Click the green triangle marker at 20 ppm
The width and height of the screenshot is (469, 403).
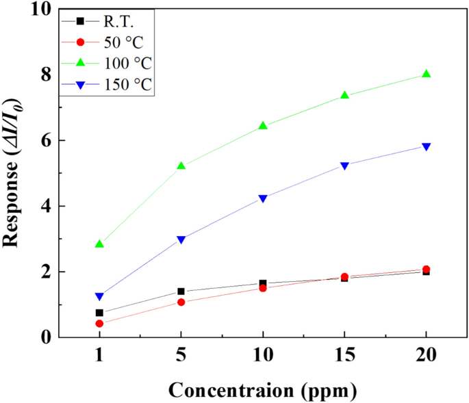(x=426, y=74)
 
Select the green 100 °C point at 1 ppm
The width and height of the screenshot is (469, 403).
(x=99, y=244)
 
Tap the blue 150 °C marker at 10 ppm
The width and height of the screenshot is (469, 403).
(x=263, y=198)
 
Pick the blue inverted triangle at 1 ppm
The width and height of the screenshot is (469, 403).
(x=99, y=296)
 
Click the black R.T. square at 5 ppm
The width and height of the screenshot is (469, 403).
(x=181, y=291)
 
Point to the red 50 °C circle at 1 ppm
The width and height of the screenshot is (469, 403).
(x=99, y=324)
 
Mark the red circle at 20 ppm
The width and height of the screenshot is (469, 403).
(x=426, y=270)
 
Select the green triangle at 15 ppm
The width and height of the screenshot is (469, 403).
(x=344, y=96)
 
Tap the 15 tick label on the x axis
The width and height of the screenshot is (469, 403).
(x=344, y=358)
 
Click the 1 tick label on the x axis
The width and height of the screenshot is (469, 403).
(x=99, y=358)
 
